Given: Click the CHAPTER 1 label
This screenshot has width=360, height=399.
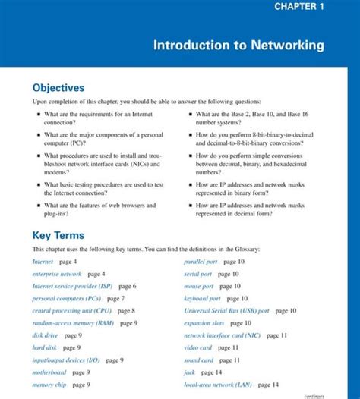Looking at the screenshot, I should (x=299, y=7).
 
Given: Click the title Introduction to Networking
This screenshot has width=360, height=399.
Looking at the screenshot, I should (x=238, y=46).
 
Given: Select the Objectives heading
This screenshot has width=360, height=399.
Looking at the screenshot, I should (x=58, y=88).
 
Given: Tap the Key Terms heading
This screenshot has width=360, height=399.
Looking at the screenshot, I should (x=58, y=235).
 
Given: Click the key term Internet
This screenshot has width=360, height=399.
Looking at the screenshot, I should (x=43, y=262).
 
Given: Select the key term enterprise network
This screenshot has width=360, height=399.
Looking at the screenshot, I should (x=56, y=274).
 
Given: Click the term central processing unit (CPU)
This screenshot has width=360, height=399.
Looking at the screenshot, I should (x=71, y=311).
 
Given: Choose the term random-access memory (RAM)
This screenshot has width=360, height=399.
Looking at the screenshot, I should (x=73, y=323).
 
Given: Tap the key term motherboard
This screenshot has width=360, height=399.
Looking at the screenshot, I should (x=49, y=372).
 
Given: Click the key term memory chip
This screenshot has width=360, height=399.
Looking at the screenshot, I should (x=49, y=385).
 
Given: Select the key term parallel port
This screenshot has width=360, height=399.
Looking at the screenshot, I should (x=201, y=262).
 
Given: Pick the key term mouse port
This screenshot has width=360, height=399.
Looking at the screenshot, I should (x=198, y=287).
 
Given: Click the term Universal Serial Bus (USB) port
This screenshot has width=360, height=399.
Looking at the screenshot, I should (x=226, y=311).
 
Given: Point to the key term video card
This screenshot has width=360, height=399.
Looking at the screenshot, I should (x=197, y=347).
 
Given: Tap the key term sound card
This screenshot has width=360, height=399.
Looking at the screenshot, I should (x=198, y=360).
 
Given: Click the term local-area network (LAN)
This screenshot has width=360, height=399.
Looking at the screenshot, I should (x=216, y=385).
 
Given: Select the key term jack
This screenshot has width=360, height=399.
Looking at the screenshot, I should (x=189, y=372).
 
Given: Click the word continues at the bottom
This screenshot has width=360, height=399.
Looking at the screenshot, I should (x=314, y=395).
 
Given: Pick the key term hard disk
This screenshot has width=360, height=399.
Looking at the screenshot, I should (x=44, y=347).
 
